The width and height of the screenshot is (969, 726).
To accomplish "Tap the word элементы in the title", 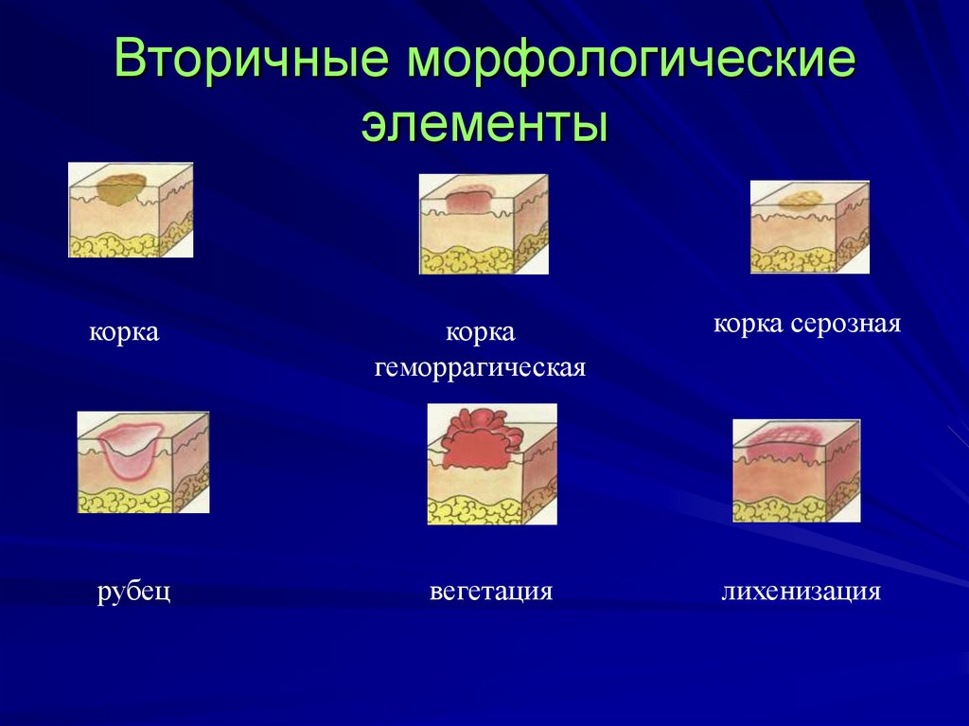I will click(x=484, y=125).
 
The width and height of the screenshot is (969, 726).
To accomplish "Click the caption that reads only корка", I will click(x=124, y=332).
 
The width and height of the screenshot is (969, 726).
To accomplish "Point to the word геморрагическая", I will click(x=481, y=366).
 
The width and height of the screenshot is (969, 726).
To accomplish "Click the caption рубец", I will click(x=133, y=593).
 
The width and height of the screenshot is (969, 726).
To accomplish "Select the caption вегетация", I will click(x=490, y=593).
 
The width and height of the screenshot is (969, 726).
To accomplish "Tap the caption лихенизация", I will click(x=801, y=593).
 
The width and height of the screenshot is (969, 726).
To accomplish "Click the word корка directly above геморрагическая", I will click(x=481, y=332).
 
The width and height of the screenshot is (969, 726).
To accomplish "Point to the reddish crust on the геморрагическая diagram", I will click(x=468, y=201).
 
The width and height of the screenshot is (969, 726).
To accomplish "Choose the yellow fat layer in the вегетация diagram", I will click(x=473, y=511).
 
